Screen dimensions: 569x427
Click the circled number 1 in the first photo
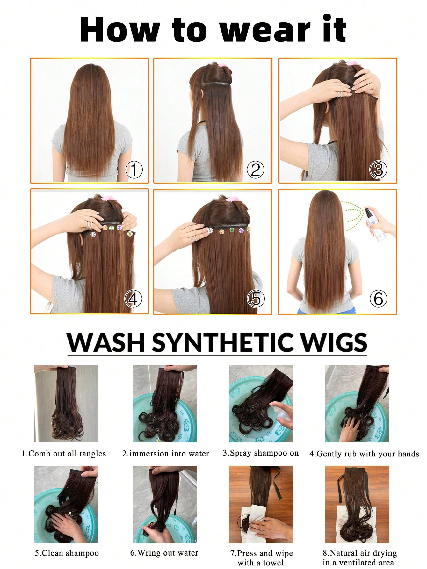click(134, 170)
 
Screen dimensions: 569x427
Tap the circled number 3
click(378, 170)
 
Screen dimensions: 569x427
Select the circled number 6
click(378, 299)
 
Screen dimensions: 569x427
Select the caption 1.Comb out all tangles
click(63, 454)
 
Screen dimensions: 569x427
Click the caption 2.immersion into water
click(165, 454)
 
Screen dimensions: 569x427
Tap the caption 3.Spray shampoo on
click(261, 453)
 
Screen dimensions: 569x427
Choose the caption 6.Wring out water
click(164, 553)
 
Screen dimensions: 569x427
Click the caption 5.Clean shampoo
click(67, 553)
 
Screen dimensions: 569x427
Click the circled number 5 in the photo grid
click(256, 299)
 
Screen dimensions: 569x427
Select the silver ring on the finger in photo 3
click(340, 94)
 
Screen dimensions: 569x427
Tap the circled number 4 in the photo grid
click(133, 299)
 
